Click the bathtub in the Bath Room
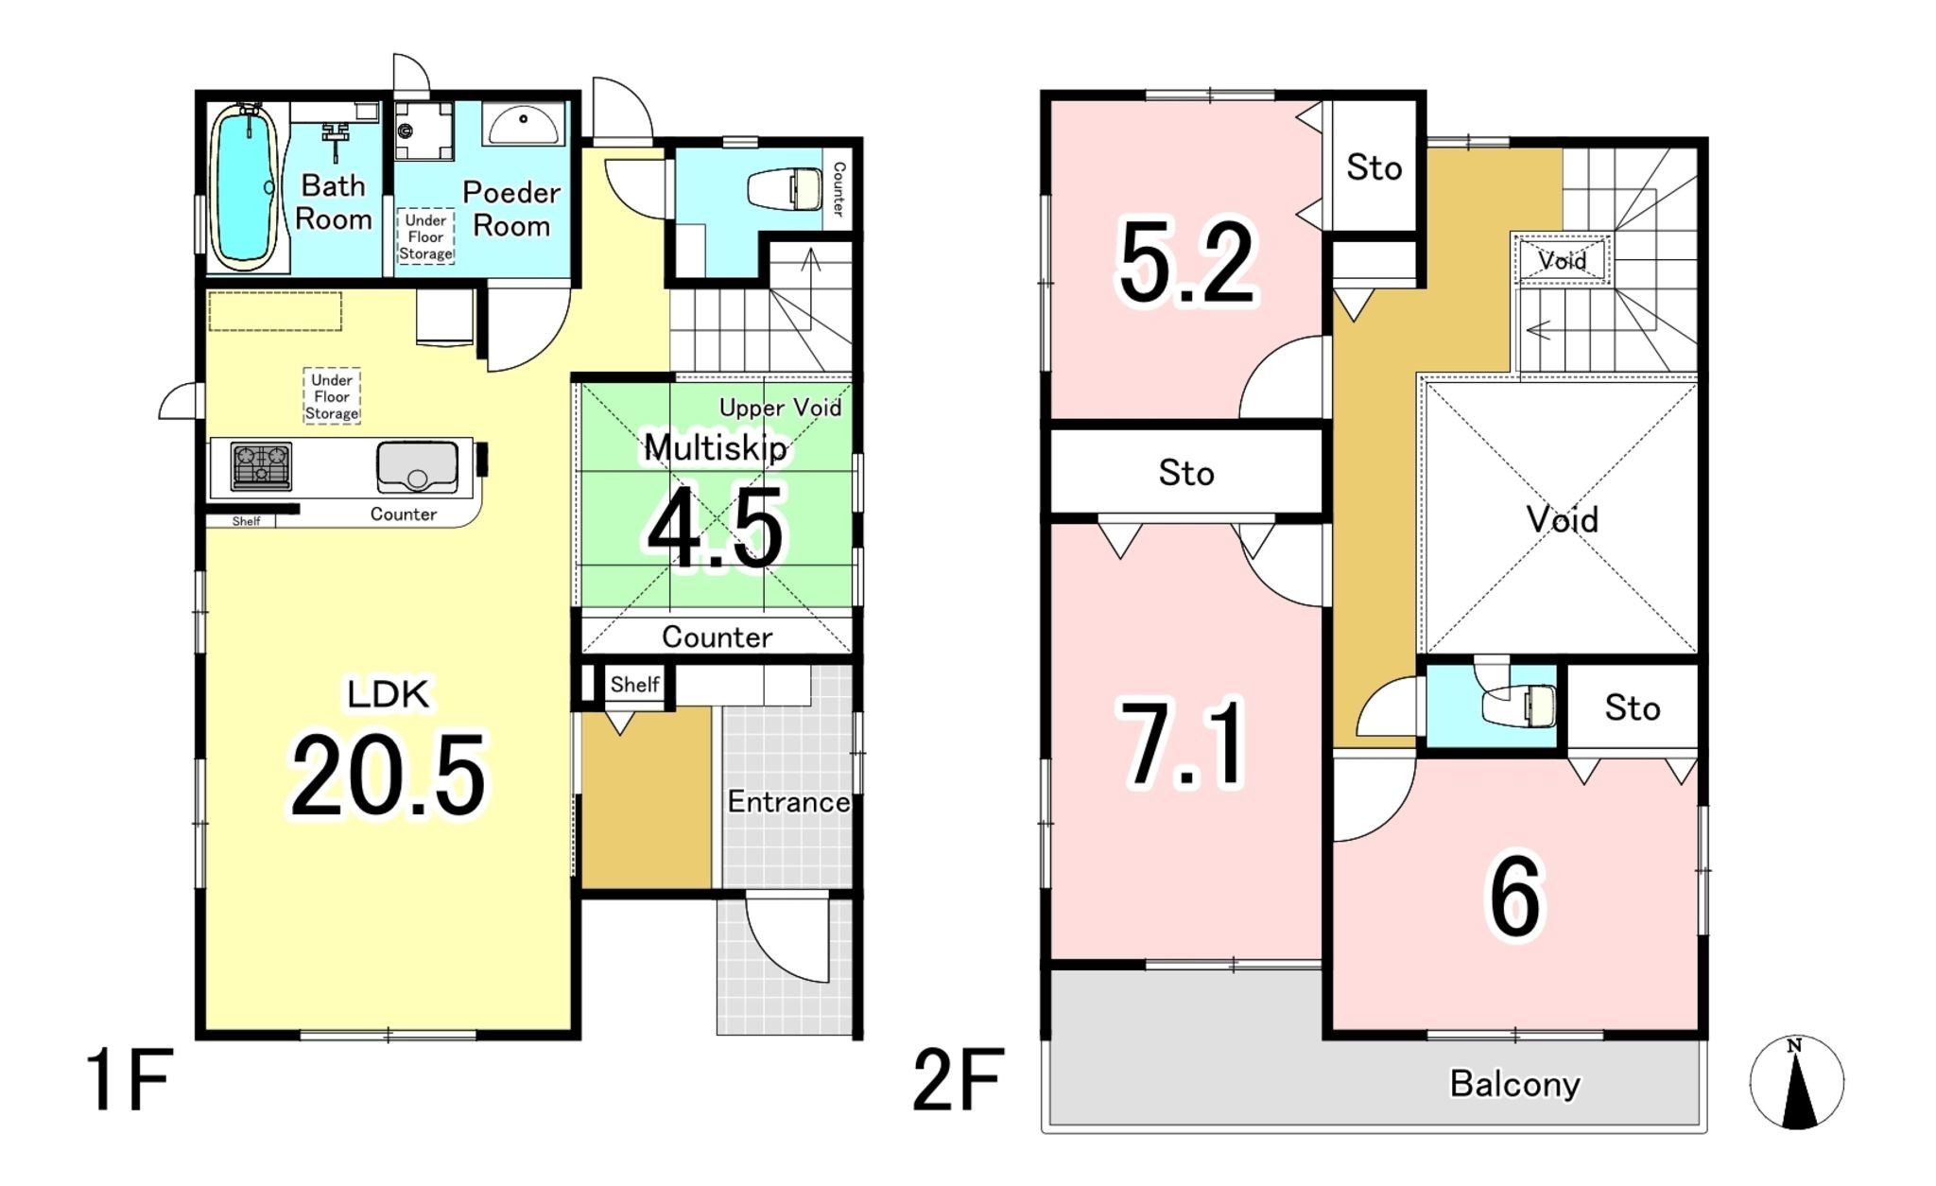coord(245,186)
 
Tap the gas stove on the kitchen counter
coord(261,466)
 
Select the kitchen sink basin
coord(417,466)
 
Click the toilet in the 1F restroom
coord(786,189)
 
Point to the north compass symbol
coord(1796,1082)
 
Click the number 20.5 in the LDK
coord(388,776)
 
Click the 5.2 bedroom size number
coord(1187,261)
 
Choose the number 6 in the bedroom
coord(1515,895)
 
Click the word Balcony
coord(1514,1084)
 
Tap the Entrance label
coord(788,802)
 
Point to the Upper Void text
coord(780,408)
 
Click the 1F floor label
coord(129,1079)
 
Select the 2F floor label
coord(958,1079)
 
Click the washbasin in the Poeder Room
coord(523,123)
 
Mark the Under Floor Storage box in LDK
coord(332,396)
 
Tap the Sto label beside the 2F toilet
coord(1633,707)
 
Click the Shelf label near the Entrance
coord(634,684)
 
